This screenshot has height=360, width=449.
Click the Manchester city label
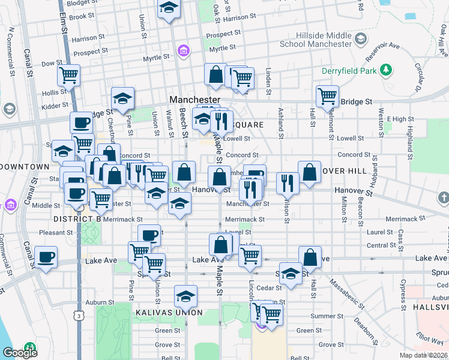[195, 99]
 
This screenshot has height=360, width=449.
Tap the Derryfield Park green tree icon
[388, 70]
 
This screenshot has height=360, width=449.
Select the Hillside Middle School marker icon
[360, 40]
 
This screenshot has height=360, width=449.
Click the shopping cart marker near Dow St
[69, 76]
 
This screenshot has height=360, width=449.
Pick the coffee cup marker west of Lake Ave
[46, 257]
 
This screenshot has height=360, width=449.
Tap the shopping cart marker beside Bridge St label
[327, 95]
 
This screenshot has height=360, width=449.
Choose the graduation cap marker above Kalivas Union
[186, 296]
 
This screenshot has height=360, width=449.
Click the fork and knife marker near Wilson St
[288, 182]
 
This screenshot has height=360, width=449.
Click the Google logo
[20, 352]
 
